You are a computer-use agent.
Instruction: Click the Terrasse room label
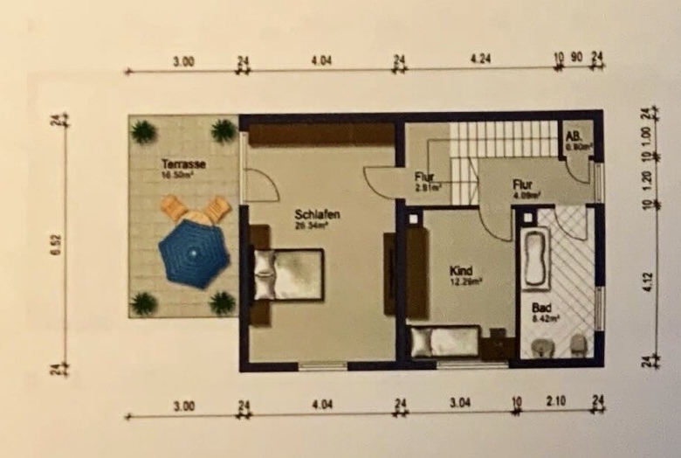[x=183, y=163]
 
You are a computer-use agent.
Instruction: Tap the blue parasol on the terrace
[x=194, y=253]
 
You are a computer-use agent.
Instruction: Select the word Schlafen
[x=316, y=215]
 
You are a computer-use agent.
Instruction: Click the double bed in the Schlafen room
[x=288, y=274]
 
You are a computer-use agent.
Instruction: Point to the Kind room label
[x=461, y=270]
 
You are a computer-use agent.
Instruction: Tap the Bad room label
[x=541, y=309]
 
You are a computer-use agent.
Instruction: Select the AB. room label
[x=574, y=137]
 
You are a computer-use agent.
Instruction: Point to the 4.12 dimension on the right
[x=646, y=284]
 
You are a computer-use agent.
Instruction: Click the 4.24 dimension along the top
[x=478, y=60]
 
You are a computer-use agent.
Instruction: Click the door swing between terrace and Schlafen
[x=259, y=184]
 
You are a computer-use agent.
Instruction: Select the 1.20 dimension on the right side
[x=646, y=181]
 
